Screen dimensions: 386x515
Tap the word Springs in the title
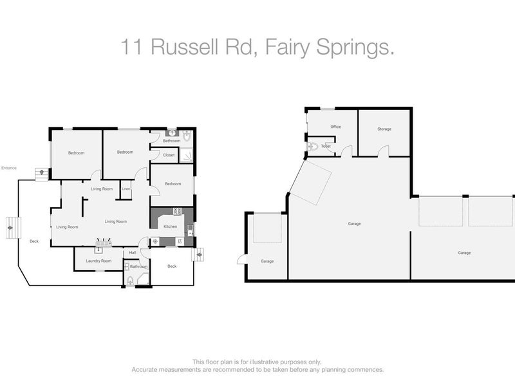pos(357,46)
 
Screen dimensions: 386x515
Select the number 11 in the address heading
pos(132,46)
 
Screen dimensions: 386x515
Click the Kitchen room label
pos(170,226)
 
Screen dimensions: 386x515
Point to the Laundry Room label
pos(98,261)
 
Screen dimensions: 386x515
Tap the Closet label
pos(169,155)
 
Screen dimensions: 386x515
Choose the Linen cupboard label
pos(126,188)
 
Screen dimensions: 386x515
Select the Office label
pos(335,127)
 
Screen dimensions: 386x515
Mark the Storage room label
pos(384,129)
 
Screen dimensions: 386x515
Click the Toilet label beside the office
pos(326,146)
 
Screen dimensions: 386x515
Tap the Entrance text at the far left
pos(8,168)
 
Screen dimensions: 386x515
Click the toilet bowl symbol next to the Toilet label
pos(312,146)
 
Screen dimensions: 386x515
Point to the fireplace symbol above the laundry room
pos(103,243)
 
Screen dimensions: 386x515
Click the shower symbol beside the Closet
pos(185,154)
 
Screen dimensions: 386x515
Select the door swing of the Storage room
pos(384,151)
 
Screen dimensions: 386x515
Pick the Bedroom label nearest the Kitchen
pos(173,184)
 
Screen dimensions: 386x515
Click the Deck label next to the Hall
pos(172,266)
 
